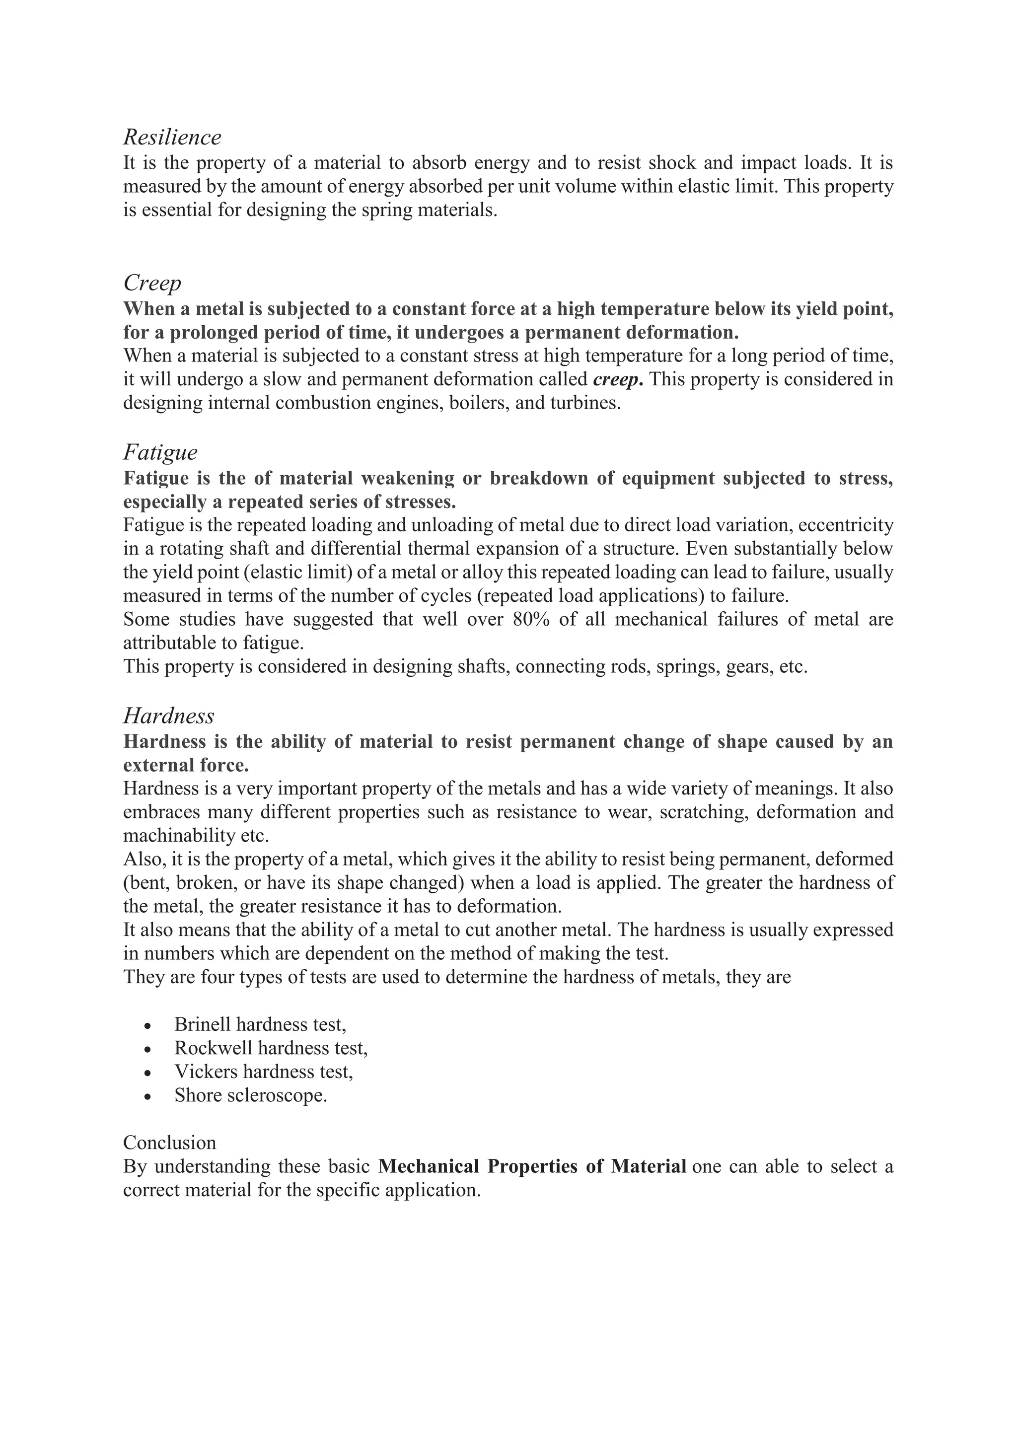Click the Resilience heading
point(172,137)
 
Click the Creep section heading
point(152,283)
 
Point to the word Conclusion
point(170,1143)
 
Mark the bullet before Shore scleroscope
point(148,1097)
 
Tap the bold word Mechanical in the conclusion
point(429,1167)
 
